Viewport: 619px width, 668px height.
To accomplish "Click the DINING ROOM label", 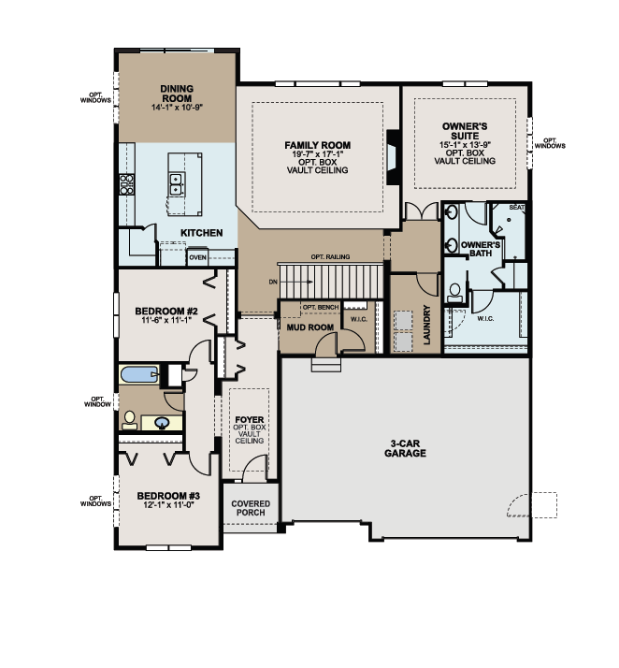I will coord(176,93).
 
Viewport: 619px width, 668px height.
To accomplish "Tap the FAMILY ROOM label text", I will coord(318,145).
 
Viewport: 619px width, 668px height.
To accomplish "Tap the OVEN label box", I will coord(197,257).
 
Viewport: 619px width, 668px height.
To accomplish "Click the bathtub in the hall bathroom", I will coord(141,376).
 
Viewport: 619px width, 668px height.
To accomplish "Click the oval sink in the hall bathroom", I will coord(166,423).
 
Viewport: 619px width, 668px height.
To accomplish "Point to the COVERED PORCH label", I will coord(250,508).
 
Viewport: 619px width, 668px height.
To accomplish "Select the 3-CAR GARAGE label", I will coord(404,448).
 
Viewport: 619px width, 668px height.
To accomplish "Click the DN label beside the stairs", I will coord(272,280).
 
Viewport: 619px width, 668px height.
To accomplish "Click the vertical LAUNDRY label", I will coord(426,325).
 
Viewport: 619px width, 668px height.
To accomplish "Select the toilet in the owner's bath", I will coord(455,294).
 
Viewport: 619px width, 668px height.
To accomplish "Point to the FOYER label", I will coord(249,421).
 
